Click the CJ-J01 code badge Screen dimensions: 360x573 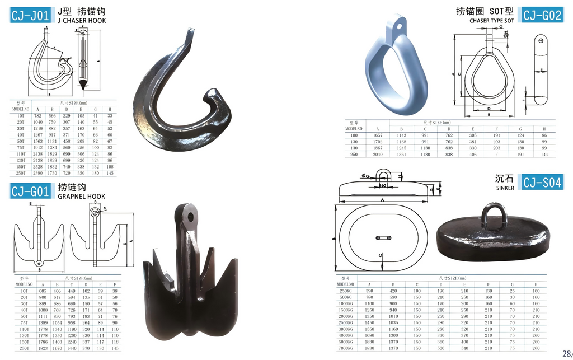(31, 15)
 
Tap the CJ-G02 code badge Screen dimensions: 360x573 (541, 15)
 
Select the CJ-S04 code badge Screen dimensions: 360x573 (542, 181)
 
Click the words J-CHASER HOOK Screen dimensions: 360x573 (82, 21)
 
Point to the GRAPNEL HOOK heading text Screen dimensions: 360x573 (81, 197)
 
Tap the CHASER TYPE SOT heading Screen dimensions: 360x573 (491, 21)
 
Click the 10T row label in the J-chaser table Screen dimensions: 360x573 (21, 115)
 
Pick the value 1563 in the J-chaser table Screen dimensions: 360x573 (37, 142)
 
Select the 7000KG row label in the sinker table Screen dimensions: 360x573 (345, 348)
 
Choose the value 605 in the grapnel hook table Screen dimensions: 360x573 (43, 291)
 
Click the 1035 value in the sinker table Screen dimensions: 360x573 (393, 322)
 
